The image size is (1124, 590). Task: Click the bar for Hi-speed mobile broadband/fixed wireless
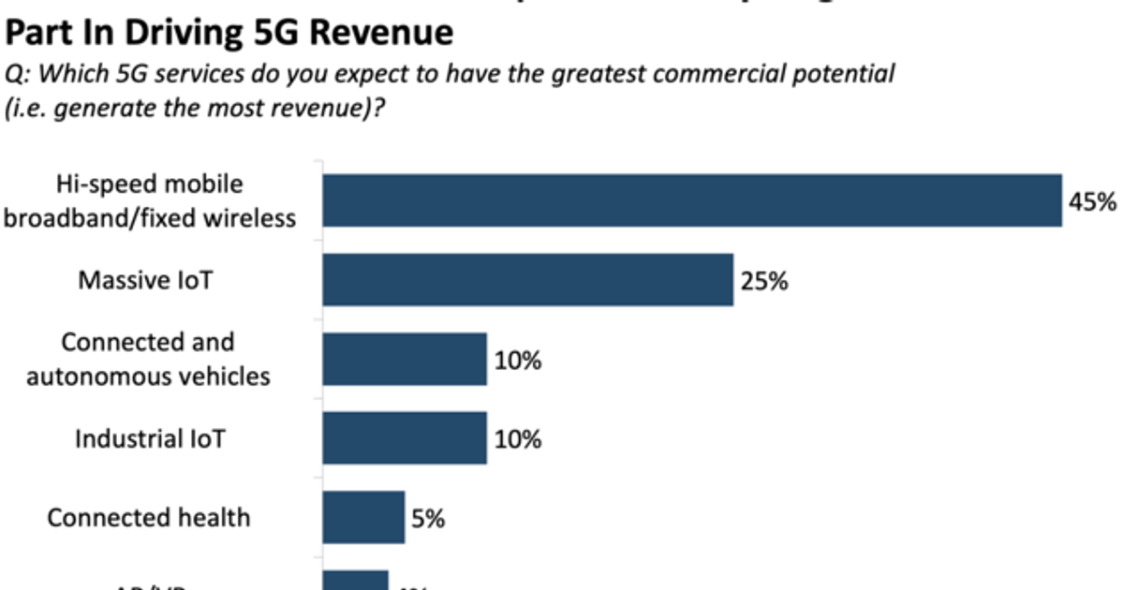pos(692,200)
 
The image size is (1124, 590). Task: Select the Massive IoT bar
pos(527,279)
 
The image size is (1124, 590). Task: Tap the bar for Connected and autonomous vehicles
pos(405,359)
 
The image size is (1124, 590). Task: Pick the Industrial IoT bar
pos(405,438)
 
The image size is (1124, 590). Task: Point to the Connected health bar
pos(363,517)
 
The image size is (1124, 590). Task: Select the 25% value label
pos(764,280)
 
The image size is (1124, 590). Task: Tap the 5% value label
pos(427,518)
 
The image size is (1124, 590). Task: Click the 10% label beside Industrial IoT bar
pos(518,438)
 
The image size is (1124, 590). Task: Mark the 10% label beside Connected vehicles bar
pos(518,360)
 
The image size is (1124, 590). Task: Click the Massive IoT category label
pos(145,280)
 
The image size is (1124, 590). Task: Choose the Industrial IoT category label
pos(150,438)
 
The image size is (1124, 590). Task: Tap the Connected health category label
pos(149,517)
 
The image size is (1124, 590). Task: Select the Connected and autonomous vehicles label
pos(148,359)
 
